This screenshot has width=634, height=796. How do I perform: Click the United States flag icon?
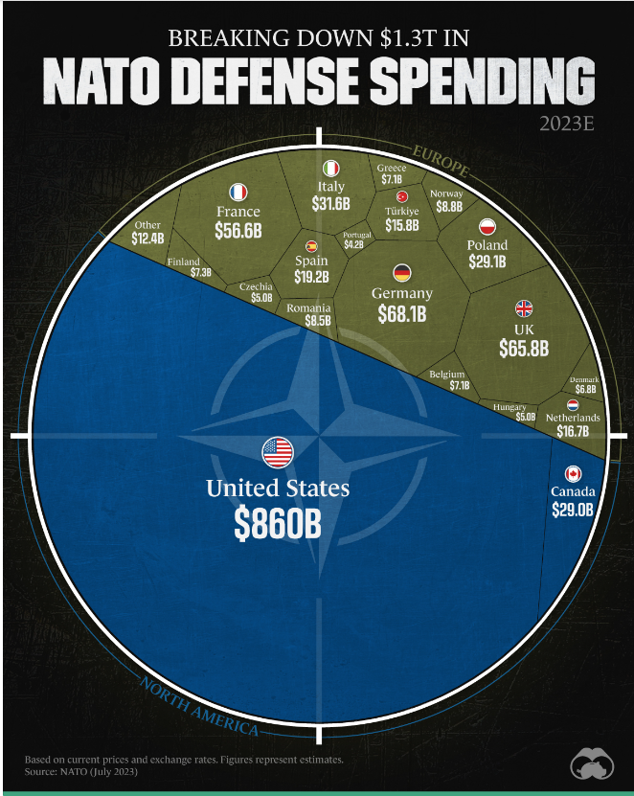[278, 452]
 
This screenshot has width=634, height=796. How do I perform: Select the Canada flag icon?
[573, 474]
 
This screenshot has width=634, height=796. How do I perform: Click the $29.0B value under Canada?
[573, 510]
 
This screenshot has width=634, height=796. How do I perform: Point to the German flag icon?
[402, 272]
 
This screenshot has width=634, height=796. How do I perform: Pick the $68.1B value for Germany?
[402, 313]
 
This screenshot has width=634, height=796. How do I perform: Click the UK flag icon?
[524, 308]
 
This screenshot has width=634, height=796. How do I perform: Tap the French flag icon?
[238, 192]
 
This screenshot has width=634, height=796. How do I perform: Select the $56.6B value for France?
[238, 233]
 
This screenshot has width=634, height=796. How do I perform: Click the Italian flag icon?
[331, 168]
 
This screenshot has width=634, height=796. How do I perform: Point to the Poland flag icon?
[487, 227]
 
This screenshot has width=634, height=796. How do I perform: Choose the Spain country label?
[311, 261]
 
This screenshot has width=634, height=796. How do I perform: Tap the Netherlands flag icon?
[573, 405]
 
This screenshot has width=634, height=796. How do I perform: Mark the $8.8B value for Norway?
[448, 206]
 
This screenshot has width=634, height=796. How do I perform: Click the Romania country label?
[309, 308]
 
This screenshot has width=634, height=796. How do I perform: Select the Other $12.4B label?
[148, 232]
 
